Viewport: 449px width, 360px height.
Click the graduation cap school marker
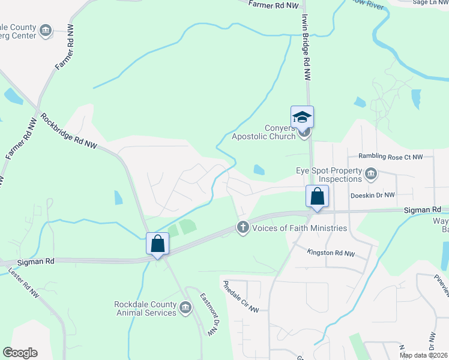(x=303, y=117)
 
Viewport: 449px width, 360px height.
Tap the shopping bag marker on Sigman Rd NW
(x=317, y=196)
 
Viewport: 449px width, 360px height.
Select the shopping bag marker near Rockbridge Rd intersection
(x=157, y=244)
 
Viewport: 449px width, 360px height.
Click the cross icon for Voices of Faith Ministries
(x=243, y=227)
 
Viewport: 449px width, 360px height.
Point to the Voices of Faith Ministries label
(x=300, y=228)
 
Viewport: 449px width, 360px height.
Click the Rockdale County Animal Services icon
(x=185, y=309)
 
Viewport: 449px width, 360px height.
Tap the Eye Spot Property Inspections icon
(x=371, y=175)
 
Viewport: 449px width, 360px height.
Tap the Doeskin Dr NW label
(x=373, y=195)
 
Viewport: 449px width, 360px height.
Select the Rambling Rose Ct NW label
(x=390, y=157)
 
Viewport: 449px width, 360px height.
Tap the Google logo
(x=20, y=353)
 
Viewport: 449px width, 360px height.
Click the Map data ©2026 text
(x=424, y=355)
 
